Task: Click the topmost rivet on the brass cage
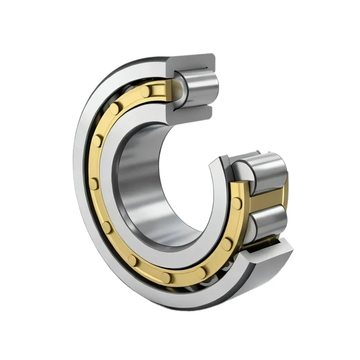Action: click(x=145, y=91)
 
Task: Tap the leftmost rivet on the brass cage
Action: click(x=94, y=183)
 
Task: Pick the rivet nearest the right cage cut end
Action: click(x=237, y=203)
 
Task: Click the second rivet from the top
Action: click(x=115, y=108)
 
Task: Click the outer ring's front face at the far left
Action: click(x=81, y=180)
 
